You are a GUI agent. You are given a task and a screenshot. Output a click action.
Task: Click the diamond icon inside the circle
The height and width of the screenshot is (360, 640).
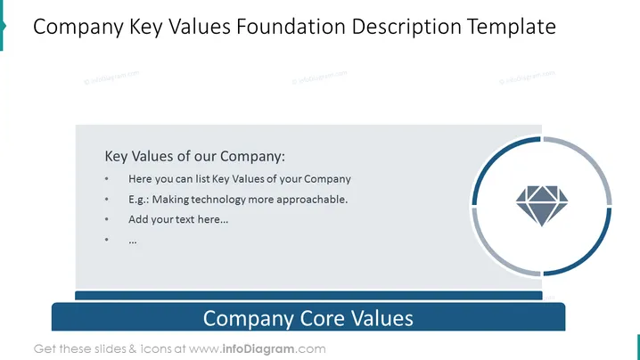click(542, 206)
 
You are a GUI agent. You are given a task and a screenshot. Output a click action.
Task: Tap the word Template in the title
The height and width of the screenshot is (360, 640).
click(512, 28)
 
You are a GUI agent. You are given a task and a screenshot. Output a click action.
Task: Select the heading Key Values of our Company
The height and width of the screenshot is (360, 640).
click(194, 156)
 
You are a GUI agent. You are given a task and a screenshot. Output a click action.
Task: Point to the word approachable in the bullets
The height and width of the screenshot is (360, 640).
click(312, 200)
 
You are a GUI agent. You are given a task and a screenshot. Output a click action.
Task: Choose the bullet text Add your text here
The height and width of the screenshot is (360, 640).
click(178, 219)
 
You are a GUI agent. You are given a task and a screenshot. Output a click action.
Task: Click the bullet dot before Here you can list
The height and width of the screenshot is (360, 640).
click(107, 179)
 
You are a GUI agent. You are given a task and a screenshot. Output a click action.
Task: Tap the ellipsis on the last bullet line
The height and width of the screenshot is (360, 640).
click(133, 241)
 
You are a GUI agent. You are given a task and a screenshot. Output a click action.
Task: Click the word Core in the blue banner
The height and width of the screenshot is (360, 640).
click(323, 318)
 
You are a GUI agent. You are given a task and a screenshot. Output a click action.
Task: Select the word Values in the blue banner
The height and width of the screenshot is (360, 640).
click(382, 318)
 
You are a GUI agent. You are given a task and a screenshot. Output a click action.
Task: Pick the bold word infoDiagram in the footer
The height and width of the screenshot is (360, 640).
click(258, 349)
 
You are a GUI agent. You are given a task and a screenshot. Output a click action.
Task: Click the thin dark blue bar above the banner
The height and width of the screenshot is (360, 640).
click(308, 296)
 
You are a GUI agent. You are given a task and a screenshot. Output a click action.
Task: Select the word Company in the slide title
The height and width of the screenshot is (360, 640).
click(78, 28)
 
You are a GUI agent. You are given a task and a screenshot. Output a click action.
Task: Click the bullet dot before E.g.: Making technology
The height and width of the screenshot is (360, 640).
click(107, 200)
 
